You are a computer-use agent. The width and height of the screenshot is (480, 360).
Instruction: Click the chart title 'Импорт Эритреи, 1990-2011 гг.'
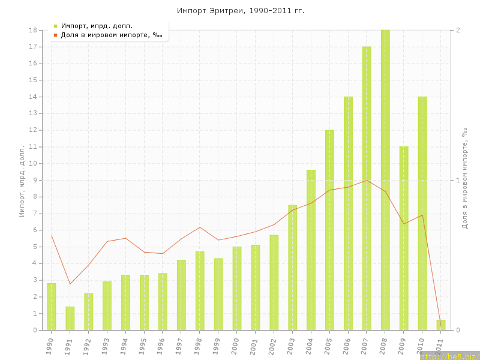[x=240, y=11]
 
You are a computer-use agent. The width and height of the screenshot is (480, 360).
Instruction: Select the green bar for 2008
[x=385, y=180]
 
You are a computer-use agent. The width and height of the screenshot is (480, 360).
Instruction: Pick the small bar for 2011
[x=440, y=325]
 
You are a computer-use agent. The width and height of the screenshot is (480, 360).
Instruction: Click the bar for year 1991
[x=70, y=318]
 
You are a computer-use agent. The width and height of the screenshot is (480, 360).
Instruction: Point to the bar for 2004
[x=311, y=250]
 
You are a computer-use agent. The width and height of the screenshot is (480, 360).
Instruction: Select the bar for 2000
[x=237, y=288]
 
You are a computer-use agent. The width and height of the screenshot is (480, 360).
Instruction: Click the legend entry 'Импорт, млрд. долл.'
[x=97, y=26]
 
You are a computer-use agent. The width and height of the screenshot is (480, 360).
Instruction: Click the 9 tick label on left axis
[x=35, y=180]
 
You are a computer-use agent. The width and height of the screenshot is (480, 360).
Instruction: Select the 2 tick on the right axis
[x=458, y=30]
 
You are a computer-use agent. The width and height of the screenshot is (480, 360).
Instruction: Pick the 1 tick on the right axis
[x=458, y=180]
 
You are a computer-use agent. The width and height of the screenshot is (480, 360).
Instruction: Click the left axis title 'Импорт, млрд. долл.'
[x=22, y=180]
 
